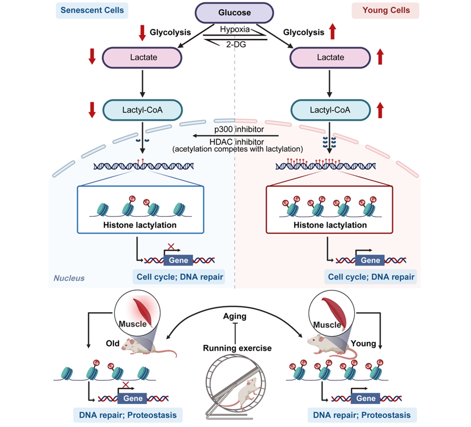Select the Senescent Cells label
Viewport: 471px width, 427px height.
pyautogui.click(x=92, y=10)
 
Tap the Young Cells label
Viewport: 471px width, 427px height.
pyautogui.click(x=385, y=10)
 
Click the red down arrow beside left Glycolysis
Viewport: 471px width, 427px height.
pyautogui.click(x=142, y=32)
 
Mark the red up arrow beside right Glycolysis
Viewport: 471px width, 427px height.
pyautogui.click(x=332, y=32)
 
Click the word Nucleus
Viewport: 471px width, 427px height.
pyautogui.click(x=69, y=278)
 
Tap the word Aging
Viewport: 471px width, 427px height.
pyautogui.click(x=235, y=316)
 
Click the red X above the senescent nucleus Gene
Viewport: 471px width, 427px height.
pyautogui.click(x=170, y=247)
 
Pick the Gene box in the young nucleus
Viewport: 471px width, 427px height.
pyautogui.click(x=371, y=260)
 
